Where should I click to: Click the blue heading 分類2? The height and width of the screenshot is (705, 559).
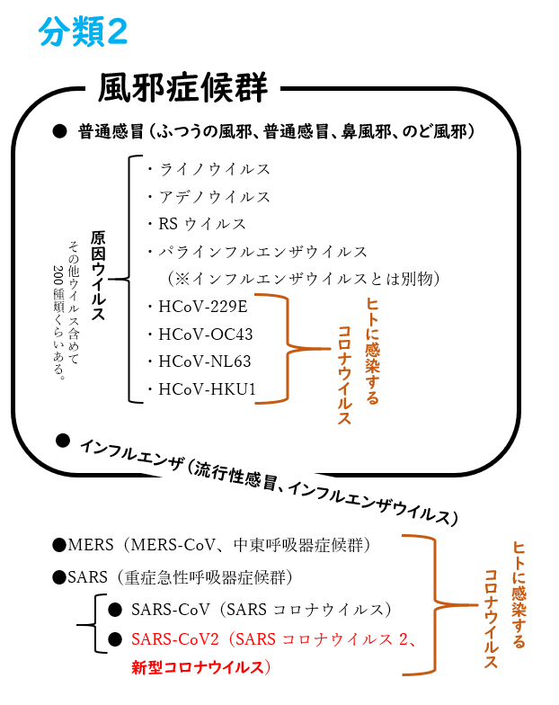tap(83, 32)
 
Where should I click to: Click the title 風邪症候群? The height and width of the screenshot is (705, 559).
tap(183, 87)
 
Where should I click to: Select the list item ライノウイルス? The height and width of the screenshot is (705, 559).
tap(214, 169)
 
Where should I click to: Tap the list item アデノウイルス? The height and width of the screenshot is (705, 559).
tap(214, 196)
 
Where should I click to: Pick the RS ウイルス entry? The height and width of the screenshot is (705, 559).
tap(202, 224)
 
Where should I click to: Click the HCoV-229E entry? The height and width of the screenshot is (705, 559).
tap(203, 307)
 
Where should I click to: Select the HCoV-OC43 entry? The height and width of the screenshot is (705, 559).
tap(206, 335)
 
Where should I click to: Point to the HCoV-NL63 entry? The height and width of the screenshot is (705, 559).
tap(205, 361)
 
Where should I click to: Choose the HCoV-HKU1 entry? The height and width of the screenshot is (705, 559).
tap(207, 388)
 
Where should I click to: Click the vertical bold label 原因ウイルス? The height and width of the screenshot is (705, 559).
tap(99, 275)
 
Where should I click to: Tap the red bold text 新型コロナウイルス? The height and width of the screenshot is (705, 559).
tap(198, 667)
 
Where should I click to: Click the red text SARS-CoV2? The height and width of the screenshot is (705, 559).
tap(174, 638)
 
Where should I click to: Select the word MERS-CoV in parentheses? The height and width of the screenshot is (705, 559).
tap(173, 545)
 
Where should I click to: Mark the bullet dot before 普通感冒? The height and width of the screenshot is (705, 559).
tap(59, 131)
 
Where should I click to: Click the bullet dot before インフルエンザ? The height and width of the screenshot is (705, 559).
tap(63, 441)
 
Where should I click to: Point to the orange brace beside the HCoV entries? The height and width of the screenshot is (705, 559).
tap(288, 349)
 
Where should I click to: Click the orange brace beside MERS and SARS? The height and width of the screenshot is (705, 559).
tap(435, 604)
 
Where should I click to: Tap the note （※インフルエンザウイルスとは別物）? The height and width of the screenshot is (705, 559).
tap(304, 279)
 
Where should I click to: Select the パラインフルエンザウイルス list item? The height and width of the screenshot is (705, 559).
tap(262, 252)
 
